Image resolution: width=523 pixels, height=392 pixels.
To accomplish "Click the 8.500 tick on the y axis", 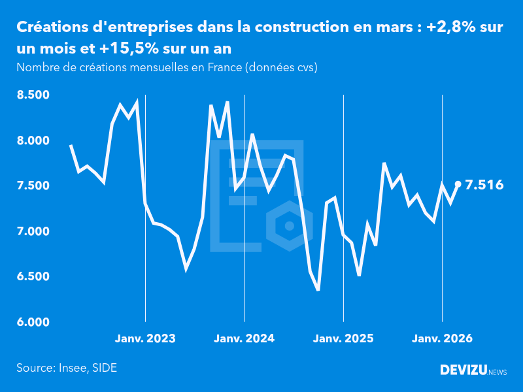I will [33, 95].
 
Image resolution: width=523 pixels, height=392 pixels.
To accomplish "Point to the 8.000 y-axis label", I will [33, 140].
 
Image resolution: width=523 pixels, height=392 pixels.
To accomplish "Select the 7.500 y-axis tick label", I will [33, 186].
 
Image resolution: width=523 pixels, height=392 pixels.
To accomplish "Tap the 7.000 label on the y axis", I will [33, 231].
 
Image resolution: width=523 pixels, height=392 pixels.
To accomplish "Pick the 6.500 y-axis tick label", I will [33, 277].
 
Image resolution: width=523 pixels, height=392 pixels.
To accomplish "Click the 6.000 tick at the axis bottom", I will [33, 322].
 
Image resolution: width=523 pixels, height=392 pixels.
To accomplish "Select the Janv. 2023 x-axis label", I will [145, 338].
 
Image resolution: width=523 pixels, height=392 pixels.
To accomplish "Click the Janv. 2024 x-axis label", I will [244, 338].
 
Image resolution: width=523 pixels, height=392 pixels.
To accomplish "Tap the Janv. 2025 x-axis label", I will [343, 338].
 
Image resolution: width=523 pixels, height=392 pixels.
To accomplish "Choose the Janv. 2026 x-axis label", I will [442, 338].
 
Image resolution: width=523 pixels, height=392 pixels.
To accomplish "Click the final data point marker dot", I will [458, 184].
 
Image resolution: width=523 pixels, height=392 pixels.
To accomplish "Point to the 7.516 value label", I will [484, 185].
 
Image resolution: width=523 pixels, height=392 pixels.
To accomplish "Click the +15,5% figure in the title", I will [129, 49].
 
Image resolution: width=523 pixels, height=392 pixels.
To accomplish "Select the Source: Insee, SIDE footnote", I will [67, 368].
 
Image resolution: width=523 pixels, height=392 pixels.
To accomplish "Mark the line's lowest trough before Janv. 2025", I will [318, 290].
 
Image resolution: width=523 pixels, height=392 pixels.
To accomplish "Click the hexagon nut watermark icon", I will [288, 226].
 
